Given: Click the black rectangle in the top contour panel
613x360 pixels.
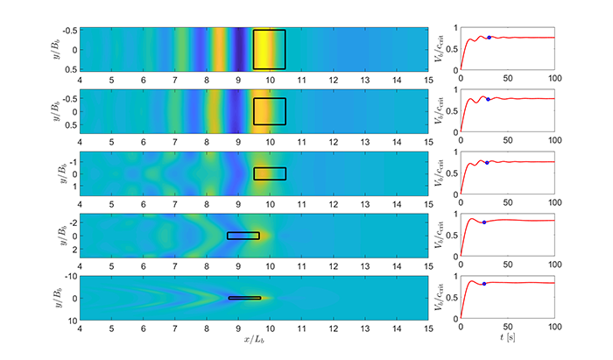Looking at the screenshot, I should tap(270, 49).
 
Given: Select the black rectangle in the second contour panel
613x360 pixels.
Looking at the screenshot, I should tap(270, 111).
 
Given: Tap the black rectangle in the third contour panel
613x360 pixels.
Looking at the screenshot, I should tap(270, 173).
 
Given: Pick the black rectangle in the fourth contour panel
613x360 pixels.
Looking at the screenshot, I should tap(243, 236).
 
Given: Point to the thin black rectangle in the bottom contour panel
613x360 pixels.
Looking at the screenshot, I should tap(244, 298).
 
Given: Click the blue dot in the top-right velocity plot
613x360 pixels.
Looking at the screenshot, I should tap(489, 38).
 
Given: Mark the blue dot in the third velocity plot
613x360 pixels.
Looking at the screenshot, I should tap(487, 163).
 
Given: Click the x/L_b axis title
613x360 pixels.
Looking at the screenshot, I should tap(254, 338).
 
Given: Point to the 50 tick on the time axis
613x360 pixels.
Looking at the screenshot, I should tap(507, 327).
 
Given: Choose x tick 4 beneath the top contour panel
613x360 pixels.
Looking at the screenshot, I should tap(81, 79).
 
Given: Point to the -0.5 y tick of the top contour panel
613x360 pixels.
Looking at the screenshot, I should tap(67, 31).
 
